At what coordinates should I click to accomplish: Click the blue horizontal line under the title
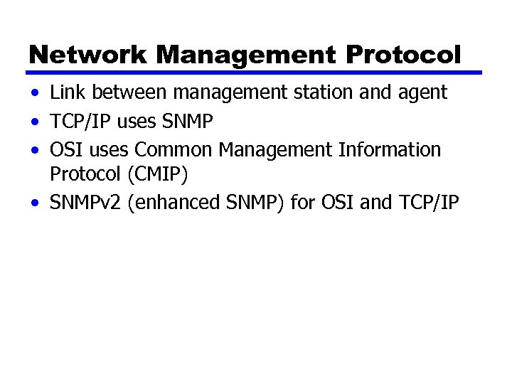[255, 73]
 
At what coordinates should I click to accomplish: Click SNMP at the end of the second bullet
[187, 122]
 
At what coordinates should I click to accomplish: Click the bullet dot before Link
[35, 93]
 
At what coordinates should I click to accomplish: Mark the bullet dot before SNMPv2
[35, 203]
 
